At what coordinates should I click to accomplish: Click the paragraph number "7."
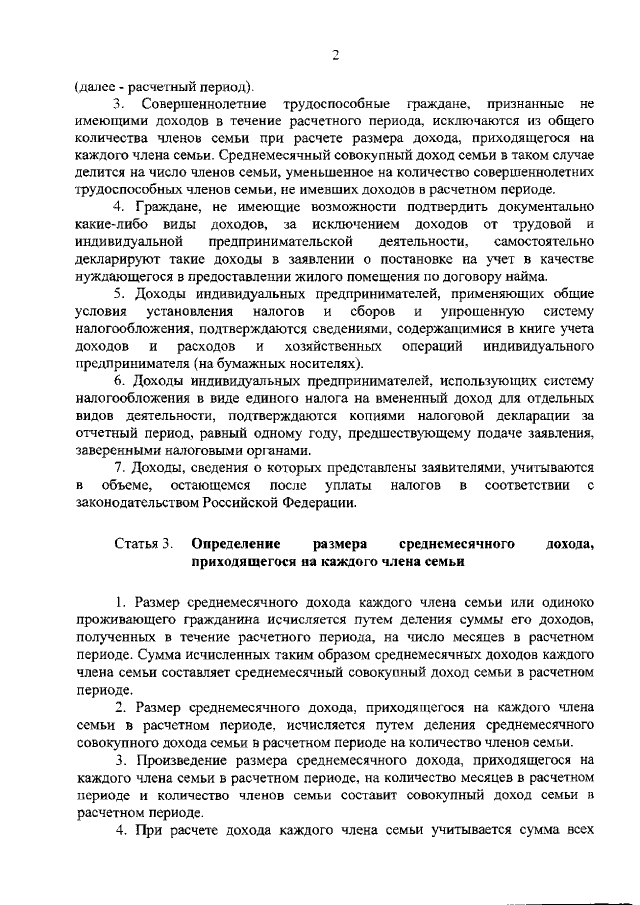click(x=118, y=468)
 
